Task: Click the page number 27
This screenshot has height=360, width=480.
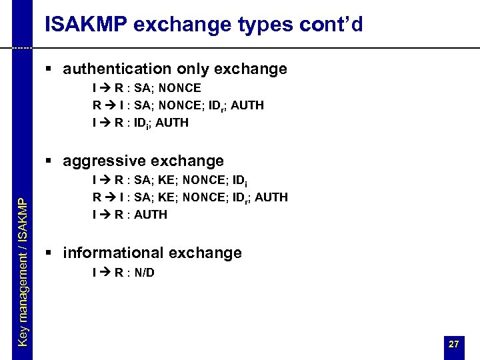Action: click(x=453, y=344)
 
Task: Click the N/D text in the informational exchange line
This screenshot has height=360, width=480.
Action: click(x=143, y=272)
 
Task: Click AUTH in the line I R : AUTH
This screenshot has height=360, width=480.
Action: click(x=151, y=215)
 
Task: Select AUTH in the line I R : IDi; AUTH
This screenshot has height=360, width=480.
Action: click(x=173, y=123)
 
